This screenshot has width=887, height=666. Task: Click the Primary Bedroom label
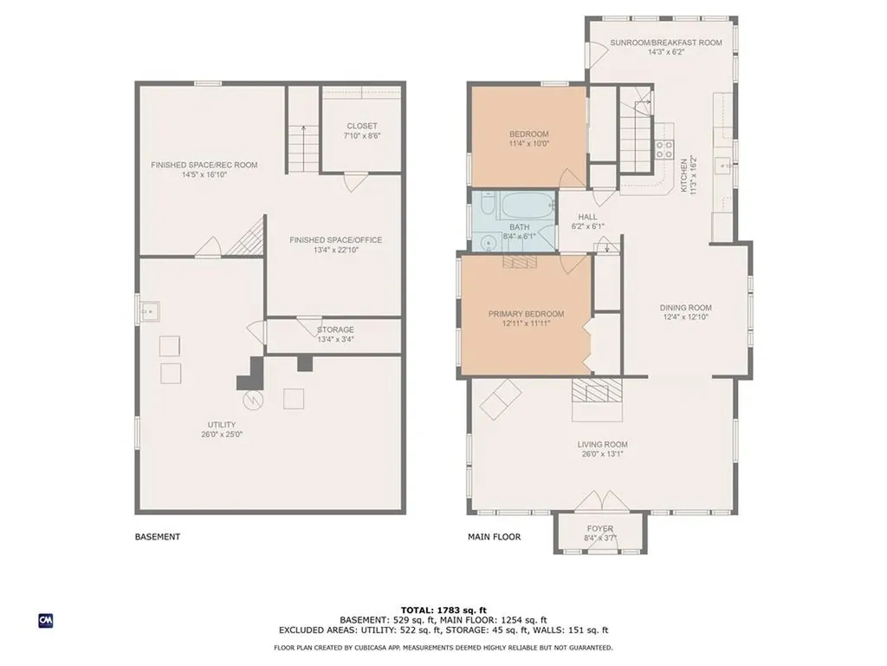point(526,314)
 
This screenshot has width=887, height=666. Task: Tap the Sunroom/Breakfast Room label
point(666,42)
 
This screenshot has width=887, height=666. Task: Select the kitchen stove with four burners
point(664,149)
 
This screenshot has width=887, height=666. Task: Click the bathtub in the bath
point(525,206)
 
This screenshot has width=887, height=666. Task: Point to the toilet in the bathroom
point(489,202)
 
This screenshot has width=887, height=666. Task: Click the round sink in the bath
point(488,244)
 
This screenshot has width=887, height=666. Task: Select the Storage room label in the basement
point(335,330)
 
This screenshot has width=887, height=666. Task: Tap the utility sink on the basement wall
point(151,311)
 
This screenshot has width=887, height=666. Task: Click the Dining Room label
point(686,308)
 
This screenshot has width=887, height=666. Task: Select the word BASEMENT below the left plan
point(158,536)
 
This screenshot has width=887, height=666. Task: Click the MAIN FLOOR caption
point(495,536)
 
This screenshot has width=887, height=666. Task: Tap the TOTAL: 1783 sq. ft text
point(443,610)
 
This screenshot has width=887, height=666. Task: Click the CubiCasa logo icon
point(46,621)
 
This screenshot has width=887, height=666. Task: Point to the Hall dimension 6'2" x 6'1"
point(588,226)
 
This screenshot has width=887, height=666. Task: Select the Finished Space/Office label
point(336,240)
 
